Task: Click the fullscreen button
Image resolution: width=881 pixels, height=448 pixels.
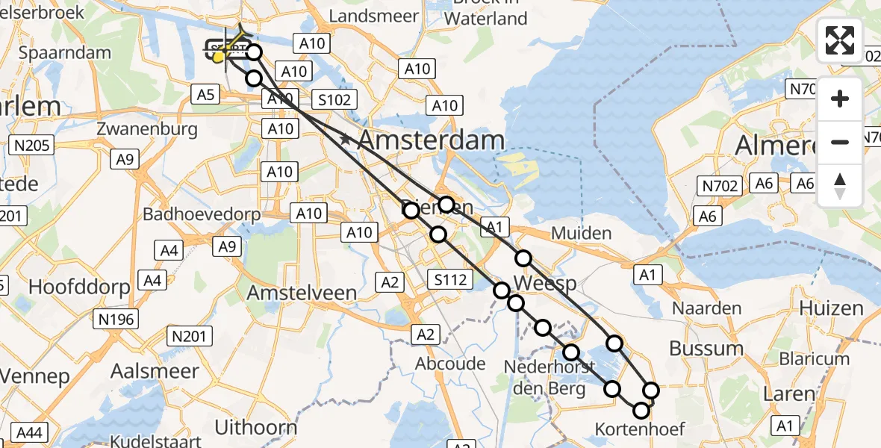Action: pos(840,40)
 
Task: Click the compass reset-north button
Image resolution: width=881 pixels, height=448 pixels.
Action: pos(840,186)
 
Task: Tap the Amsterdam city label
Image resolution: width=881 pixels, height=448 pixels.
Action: pos(432,140)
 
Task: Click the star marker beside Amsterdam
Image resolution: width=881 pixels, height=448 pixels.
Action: pos(345,139)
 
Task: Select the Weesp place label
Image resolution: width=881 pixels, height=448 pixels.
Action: pos(545,284)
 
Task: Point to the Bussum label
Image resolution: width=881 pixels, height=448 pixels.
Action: pos(706,349)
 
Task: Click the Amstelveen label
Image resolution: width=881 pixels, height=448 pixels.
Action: pos(302,293)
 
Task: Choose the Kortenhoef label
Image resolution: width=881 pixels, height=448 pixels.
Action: pos(640,429)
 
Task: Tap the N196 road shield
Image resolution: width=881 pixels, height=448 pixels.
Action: pos(116,320)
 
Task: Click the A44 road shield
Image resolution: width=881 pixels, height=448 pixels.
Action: pos(29,432)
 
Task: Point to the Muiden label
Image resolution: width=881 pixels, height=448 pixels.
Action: pos(581,234)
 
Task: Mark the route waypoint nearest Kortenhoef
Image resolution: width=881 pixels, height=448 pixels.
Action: pos(641,410)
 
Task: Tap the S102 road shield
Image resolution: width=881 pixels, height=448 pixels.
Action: pos(336,99)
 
